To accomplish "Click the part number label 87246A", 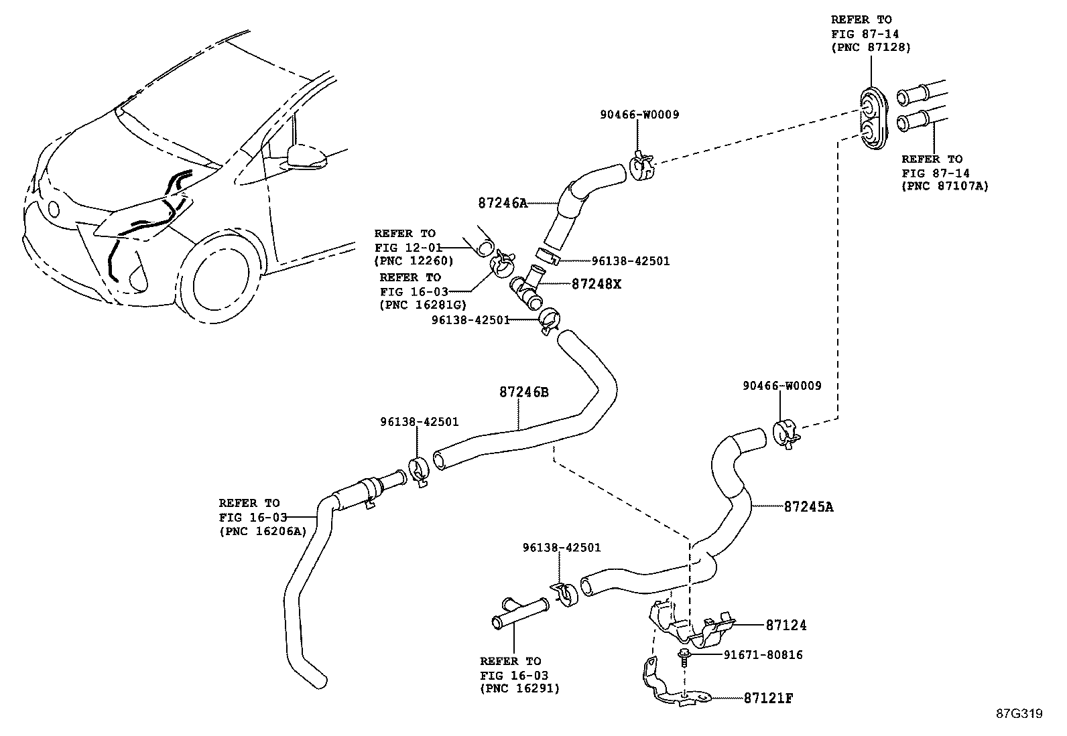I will click(x=503, y=203).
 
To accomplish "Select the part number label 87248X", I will click(x=596, y=284).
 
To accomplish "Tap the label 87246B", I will click(x=523, y=392).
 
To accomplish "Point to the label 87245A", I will click(x=808, y=507).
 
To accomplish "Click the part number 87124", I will click(x=786, y=625).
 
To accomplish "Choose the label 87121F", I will click(x=768, y=698).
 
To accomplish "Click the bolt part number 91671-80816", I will click(x=763, y=655).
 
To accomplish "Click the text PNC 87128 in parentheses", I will click(x=871, y=47).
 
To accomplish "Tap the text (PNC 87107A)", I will click(x=945, y=186).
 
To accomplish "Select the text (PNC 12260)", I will click(x=414, y=261).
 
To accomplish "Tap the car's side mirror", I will click(x=306, y=156).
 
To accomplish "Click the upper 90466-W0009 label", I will click(x=639, y=115).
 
